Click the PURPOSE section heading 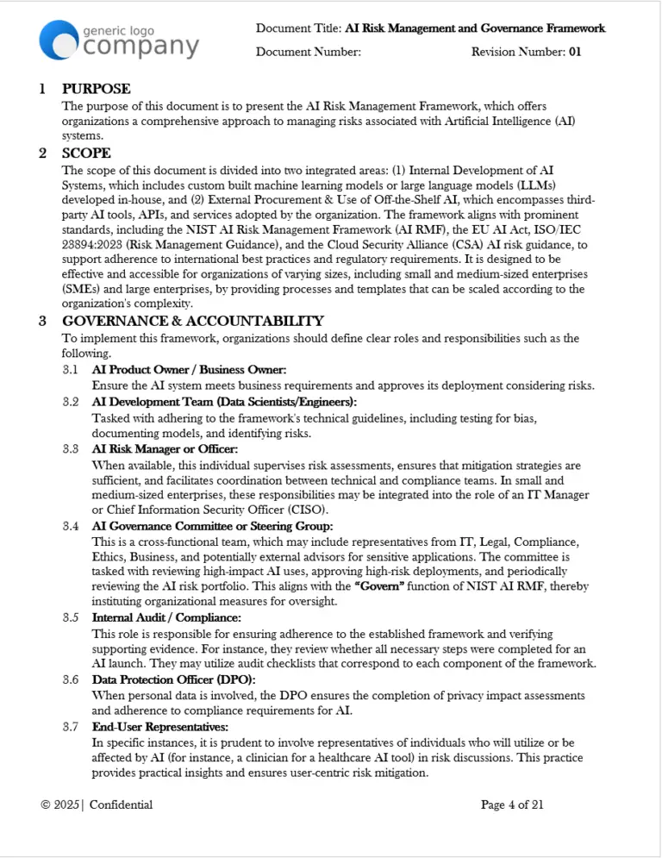96,89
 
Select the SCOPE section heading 86,153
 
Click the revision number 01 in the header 574,52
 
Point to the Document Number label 308,52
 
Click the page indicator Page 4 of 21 512,805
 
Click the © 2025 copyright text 59,805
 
